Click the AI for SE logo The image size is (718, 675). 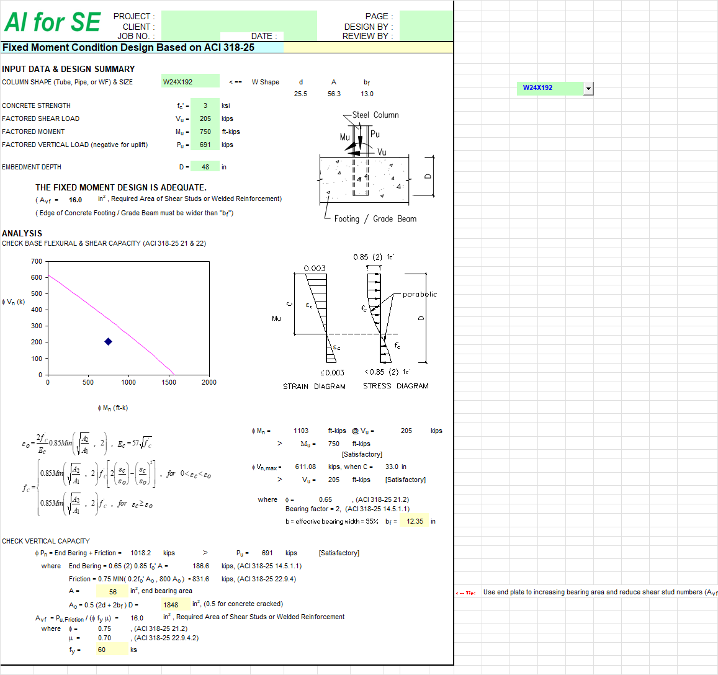tap(52, 22)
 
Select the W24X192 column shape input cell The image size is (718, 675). tap(190, 82)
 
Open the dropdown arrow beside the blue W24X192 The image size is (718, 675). tap(588, 88)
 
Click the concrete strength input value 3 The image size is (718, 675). tap(205, 105)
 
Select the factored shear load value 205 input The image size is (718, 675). tap(205, 118)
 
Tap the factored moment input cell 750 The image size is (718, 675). tap(205, 132)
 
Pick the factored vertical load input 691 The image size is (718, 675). tap(205, 145)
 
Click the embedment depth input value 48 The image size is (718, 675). tap(205, 167)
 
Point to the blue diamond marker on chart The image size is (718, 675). tap(108, 342)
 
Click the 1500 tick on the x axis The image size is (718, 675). tap(169, 382)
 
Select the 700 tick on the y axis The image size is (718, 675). tap(37, 261)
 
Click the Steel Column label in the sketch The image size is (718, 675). tap(375, 115)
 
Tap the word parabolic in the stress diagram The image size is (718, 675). tap(420, 294)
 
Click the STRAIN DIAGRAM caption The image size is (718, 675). tap(314, 386)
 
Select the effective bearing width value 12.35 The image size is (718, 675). tap(415, 521)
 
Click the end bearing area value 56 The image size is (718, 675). tap(112, 592)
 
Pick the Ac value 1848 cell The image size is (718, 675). tap(171, 605)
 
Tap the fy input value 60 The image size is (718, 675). tap(102, 650)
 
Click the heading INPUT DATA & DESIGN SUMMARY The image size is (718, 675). tap(68, 69)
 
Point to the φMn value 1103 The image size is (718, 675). tap(301, 431)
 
